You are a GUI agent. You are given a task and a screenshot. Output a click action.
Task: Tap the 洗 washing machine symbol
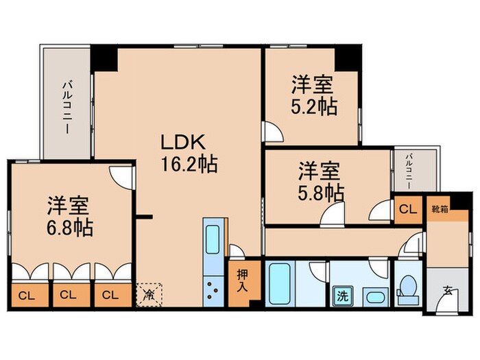click(x=341, y=297)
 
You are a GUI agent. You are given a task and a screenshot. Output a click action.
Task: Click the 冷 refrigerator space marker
click(x=149, y=296)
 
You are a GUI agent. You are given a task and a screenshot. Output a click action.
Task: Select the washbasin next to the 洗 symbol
click(x=374, y=298)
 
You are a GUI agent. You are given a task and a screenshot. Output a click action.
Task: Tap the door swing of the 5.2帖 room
click(x=272, y=131)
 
